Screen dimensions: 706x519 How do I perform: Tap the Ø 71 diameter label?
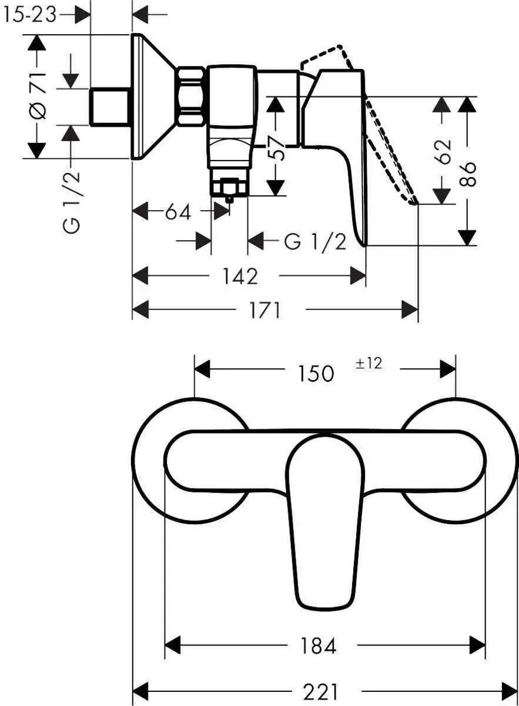tap(37, 95)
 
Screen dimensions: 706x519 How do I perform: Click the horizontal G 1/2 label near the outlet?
tap(315, 241)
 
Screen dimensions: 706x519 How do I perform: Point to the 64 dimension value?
tap(178, 212)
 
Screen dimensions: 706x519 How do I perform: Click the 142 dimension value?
tap(240, 276)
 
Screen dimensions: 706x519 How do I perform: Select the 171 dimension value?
tap(264, 310)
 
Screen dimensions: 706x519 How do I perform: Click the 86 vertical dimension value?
tap(468, 174)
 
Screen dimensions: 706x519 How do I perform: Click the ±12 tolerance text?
tap(369, 364)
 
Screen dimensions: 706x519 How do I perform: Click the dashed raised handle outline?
tap(388, 153)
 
